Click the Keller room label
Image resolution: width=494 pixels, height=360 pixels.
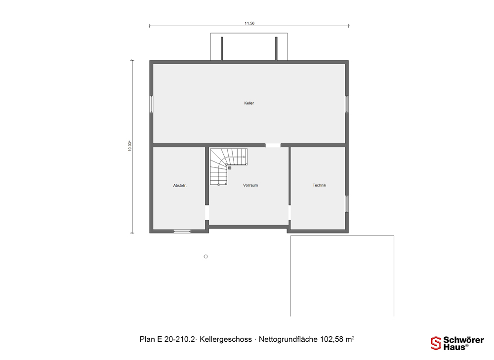[249, 103]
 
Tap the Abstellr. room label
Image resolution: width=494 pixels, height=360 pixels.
[180, 186]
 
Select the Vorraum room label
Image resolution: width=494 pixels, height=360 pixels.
[250, 185]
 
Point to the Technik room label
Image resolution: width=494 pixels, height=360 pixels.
[319, 185]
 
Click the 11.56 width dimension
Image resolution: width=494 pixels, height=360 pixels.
[249, 23]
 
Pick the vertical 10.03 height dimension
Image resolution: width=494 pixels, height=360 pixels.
[129, 146]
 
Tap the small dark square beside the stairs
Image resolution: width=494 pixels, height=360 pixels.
[230, 168]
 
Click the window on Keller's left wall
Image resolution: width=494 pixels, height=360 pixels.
[151, 104]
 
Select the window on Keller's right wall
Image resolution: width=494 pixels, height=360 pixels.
[347, 104]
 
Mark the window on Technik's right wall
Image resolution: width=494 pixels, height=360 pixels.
[347, 204]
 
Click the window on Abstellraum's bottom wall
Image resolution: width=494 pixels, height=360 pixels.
[182, 232]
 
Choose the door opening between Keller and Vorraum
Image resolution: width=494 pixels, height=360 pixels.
[273, 145]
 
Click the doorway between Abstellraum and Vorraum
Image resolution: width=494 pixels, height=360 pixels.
[207, 213]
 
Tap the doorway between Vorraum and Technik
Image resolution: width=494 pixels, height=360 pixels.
[289, 213]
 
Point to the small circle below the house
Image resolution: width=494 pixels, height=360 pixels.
[206, 256]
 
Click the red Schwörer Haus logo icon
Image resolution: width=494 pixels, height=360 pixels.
[436, 343]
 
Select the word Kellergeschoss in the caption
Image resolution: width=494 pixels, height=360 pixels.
[226, 339]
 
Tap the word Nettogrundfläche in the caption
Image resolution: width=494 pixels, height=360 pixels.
[288, 339]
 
